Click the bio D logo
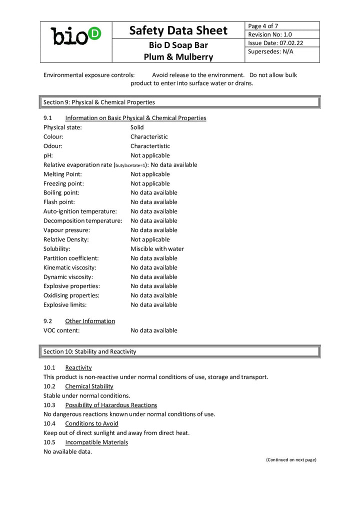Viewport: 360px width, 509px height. point(76,36)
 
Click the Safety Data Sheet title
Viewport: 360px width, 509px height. point(178,30)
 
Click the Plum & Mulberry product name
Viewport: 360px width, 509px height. point(178,57)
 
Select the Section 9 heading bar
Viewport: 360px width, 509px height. point(180,102)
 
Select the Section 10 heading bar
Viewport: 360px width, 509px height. point(180,351)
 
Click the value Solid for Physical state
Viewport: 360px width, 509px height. point(137,127)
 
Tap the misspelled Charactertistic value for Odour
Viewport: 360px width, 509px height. point(150,146)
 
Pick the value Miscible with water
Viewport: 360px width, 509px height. point(157,249)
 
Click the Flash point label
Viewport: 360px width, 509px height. point(59,202)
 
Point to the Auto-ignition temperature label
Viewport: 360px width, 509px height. point(80,211)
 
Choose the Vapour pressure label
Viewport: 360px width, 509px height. point(66,230)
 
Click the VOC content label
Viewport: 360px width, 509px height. point(61,330)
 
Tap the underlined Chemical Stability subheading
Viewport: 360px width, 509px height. point(89,386)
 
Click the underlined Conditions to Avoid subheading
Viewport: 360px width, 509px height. point(91,423)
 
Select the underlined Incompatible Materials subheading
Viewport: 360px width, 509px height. point(96,442)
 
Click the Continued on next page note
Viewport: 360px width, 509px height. point(291,459)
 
